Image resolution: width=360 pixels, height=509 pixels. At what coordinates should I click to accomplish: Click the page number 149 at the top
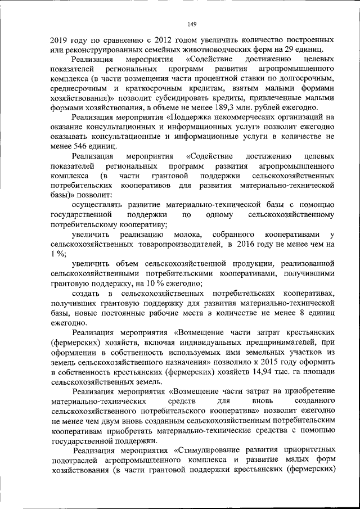(x=191, y=23)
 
